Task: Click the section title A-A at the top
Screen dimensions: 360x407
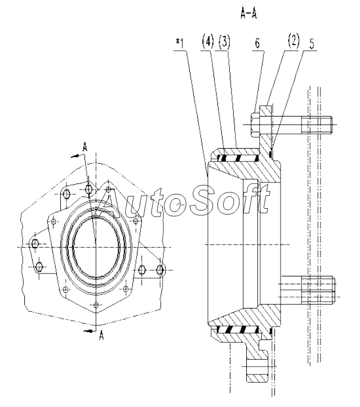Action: click(248, 14)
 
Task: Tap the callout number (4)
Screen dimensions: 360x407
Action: click(208, 42)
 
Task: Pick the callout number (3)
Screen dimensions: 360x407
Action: click(224, 42)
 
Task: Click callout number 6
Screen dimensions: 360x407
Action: click(257, 43)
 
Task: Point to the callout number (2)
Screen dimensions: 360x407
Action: click(294, 41)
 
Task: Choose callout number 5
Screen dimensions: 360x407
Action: click(312, 44)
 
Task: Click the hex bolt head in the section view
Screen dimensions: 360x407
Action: click(255, 125)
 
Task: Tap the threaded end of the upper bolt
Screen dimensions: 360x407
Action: click(317, 125)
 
